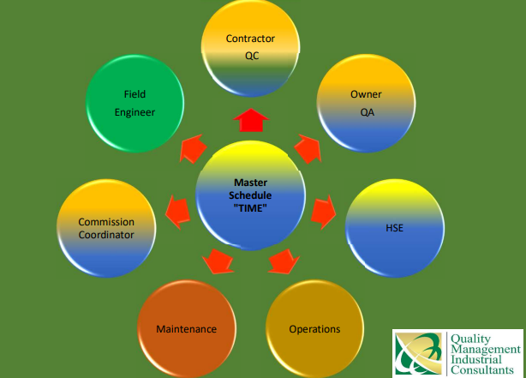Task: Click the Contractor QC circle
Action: pos(250,48)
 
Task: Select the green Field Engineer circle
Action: pos(134,104)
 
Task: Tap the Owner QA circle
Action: pos(366,104)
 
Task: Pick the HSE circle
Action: pos(395,228)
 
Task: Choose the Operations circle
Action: pos(314,329)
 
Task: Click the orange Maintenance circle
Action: pos(187,329)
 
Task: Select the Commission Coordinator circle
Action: pos(106,228)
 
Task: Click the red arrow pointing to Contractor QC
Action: pos(251,120)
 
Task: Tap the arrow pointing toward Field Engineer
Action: pos(193,149)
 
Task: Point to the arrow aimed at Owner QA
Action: pos(308,149)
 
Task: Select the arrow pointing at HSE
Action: pos(323,213)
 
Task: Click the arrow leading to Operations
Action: pos(284,261)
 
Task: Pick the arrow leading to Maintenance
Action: pos(218,261)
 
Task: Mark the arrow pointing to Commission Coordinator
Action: pos(178,213)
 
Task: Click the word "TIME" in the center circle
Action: pos(250,208)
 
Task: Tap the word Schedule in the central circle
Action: pos(250,195)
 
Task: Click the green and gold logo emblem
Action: pos(419,353)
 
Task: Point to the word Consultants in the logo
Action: pos(482,370)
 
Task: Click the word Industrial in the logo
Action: pos(476,359)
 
